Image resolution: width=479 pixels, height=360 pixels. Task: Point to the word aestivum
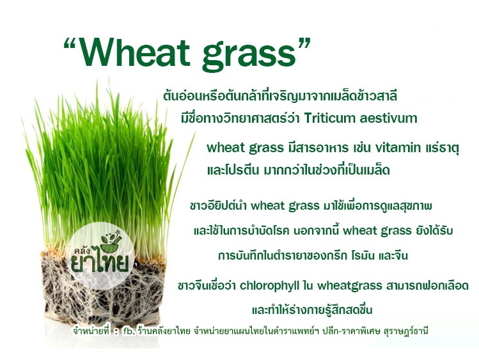click(x=388, y=118)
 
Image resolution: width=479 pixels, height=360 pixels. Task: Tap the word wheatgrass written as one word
click(x=350, y=286)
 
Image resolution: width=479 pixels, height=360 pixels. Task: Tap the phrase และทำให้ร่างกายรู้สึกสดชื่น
click(x=312, y=310)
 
